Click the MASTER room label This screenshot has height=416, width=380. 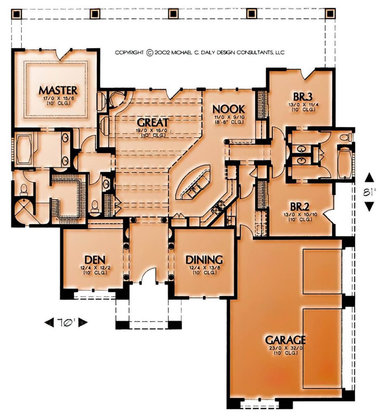58,91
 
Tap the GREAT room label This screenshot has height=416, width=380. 153,122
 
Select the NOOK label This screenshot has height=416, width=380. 229,109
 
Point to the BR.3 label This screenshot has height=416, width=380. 303,96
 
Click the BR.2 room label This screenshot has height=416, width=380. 300,206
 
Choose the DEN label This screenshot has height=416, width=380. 95,260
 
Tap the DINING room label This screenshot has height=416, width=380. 204,260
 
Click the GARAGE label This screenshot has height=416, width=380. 285,340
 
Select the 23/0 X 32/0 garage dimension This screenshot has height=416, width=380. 286,348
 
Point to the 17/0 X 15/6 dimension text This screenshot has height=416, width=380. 58,98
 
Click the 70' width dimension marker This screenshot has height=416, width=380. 66,322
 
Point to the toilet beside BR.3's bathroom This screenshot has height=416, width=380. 346,138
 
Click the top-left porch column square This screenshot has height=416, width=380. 17,14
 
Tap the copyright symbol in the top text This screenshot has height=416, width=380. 150,52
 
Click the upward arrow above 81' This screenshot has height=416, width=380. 369,178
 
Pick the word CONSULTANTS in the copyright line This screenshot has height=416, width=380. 254,52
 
